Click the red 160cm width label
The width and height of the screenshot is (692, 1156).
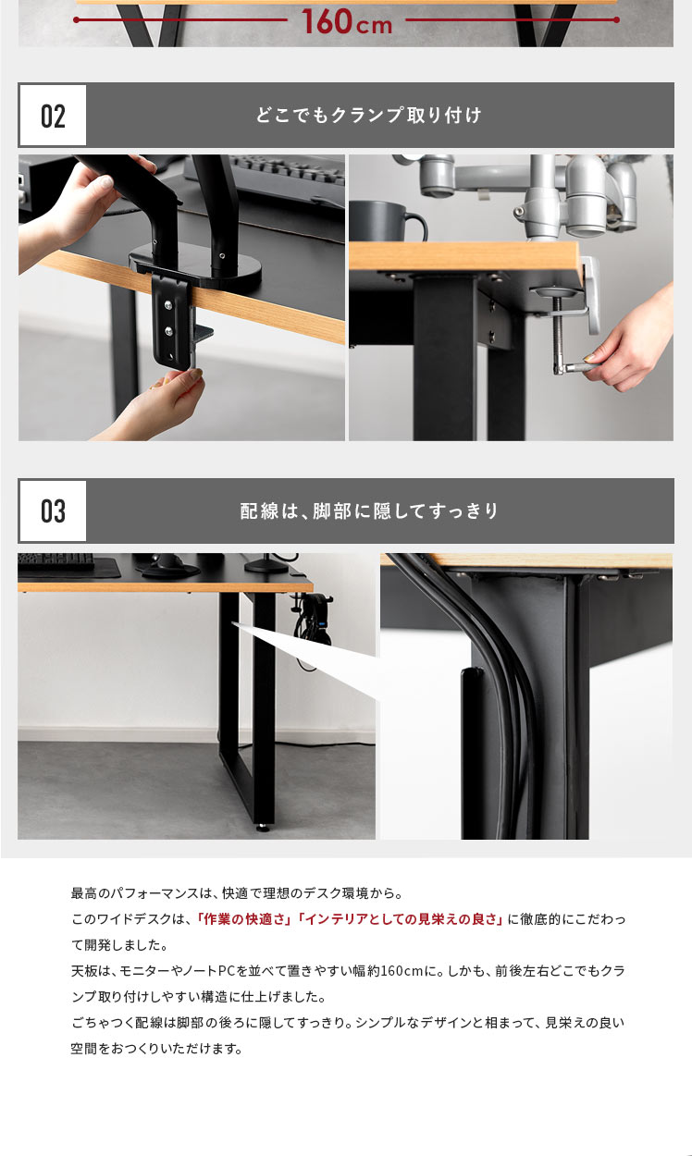[x=347, y=21]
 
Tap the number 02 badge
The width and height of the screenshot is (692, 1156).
[x=53, y=116]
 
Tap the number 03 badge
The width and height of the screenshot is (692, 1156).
[x=53, y=510]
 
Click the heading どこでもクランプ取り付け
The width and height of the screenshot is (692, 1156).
[x=369, y=115]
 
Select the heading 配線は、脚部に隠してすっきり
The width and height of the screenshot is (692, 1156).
[x=369, y=510]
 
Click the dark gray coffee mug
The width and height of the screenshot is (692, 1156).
[x=388, y=221]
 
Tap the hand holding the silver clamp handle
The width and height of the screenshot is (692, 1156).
[x=630, y=340]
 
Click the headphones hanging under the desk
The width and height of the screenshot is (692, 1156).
[x=313, y=631]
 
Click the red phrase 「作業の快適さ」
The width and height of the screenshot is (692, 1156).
[x=244, y=918]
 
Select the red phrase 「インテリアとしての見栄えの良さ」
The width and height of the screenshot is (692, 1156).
[x=401, y=918]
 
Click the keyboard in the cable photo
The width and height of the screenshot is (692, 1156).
[x=56, y=561]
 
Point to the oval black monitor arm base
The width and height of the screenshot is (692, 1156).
[x=196, y=264]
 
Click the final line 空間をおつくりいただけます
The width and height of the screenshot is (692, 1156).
[x=156, y=1048]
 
